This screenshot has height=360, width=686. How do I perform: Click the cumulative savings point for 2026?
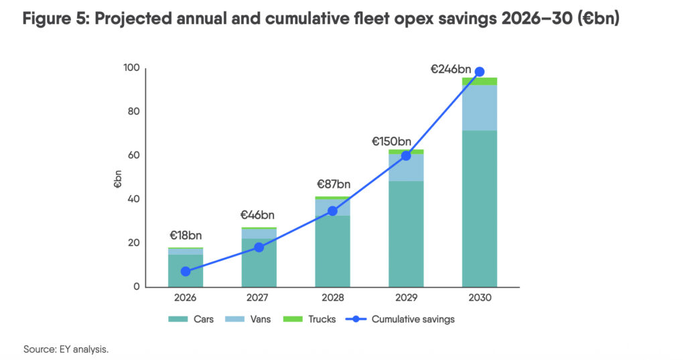186,272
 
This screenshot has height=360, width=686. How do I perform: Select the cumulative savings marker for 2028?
332,211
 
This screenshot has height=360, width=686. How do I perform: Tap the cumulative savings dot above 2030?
479,72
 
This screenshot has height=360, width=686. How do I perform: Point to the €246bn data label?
450,68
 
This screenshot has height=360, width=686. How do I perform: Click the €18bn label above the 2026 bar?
186,235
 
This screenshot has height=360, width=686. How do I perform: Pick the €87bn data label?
333,184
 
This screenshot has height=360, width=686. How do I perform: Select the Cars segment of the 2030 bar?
479,208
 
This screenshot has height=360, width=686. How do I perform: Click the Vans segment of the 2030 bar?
479,107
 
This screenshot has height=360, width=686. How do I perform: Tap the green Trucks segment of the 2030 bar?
479,81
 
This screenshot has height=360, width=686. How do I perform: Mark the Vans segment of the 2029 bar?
406,168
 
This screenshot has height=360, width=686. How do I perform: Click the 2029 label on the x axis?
406,297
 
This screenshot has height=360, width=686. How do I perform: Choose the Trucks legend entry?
315,319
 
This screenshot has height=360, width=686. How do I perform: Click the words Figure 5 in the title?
55,19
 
